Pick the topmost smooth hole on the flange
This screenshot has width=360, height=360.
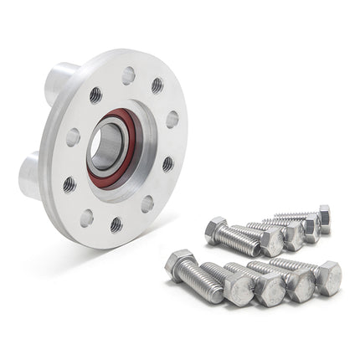pos(128,75)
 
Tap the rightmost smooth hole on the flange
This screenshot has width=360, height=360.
pos(172,120)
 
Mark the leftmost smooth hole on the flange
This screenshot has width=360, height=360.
pos(73,137)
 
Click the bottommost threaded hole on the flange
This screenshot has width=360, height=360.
pos(116,224)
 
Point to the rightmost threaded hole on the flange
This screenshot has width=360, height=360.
pos(167,163)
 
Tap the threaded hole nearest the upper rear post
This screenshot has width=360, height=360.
pos(95,95)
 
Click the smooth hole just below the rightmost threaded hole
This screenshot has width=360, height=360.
pos(147,203)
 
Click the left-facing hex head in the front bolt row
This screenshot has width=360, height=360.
pos(179,265)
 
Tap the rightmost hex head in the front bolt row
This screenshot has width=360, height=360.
pos(327,277)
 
